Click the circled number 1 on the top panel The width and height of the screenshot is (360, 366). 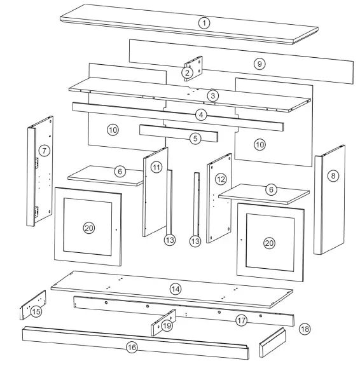(204, 23)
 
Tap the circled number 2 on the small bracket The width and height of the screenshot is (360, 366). (187, 73)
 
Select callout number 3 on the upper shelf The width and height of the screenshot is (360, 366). (213, 95)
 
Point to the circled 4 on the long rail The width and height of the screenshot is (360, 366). (201, 116)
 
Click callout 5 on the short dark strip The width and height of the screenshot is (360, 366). (196, 137)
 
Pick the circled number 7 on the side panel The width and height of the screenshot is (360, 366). (43, 151)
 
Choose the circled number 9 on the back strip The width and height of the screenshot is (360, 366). (258, 64)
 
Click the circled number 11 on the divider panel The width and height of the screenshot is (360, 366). (156, 167)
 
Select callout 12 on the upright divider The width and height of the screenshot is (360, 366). (220, 180)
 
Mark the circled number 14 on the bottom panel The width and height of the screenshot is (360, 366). (175, 288)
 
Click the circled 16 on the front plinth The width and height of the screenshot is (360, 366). (132, 348)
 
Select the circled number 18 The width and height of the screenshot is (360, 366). (304, 329)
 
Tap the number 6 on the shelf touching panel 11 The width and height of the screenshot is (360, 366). (120, 172)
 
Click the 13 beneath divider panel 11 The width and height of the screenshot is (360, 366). (169, 240)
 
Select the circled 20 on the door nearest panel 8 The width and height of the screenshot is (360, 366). (270, 243)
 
